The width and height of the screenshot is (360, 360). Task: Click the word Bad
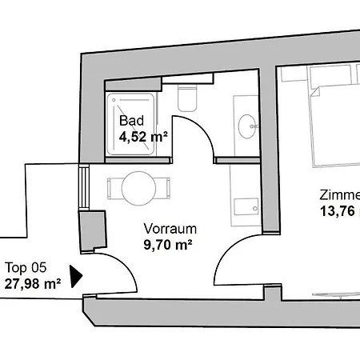(131, 122)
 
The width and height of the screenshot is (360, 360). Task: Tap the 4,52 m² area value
(143, 137)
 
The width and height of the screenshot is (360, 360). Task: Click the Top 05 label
(25, 267)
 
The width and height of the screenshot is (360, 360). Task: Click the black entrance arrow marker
(76, 276)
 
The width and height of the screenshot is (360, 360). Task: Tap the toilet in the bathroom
(186, 99)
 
